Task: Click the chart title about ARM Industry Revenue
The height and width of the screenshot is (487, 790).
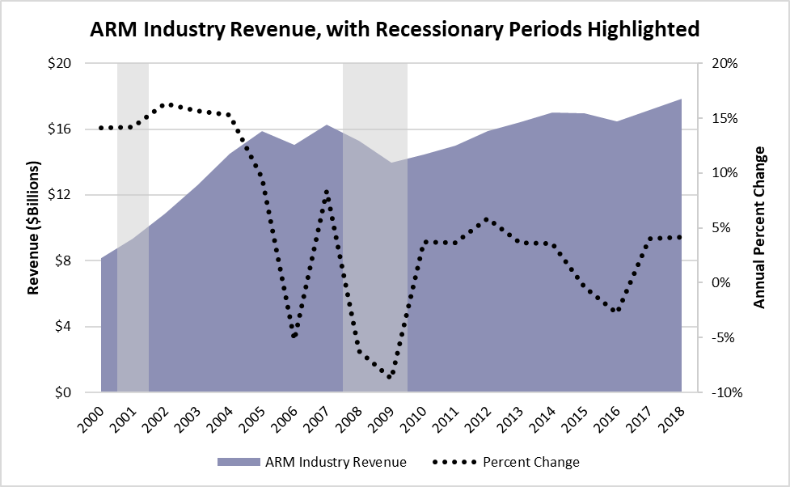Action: pyautogui.click(x=394, y=31)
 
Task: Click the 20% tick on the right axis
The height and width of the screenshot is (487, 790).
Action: pyautogui.click(x=722, y=63)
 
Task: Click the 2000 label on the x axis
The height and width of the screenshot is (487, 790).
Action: pyautogui.click(x=96, y=418)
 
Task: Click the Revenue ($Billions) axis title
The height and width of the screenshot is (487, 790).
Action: pyautogui.click(x=33, y=228)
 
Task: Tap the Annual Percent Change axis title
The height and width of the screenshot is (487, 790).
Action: pyautogui.click(x=759, y=228)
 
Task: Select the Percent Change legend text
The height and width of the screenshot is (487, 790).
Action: pyautogui.click(x=531, y=462)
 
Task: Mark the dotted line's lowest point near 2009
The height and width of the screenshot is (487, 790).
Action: pyautogui.click(x=390, y=377)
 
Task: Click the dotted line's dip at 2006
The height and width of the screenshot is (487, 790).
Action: pyautogui.click(x=294, y=336)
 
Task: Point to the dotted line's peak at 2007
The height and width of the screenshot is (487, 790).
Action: pyautogui.click(x=326, y=192)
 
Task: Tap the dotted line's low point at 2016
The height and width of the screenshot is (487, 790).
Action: pyautogui.click(x=615, y=310)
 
